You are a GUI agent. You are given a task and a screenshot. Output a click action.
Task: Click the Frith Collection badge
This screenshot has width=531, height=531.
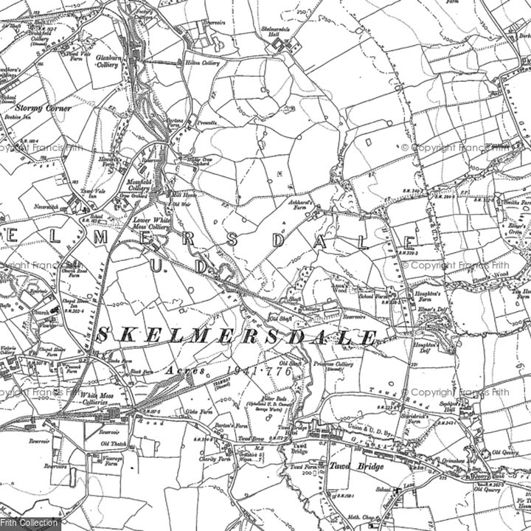coord(29,523)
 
